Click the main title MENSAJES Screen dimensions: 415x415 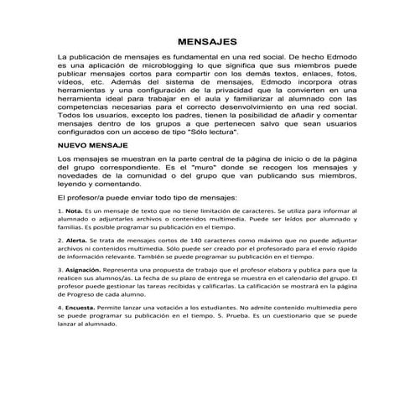(207, 41)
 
